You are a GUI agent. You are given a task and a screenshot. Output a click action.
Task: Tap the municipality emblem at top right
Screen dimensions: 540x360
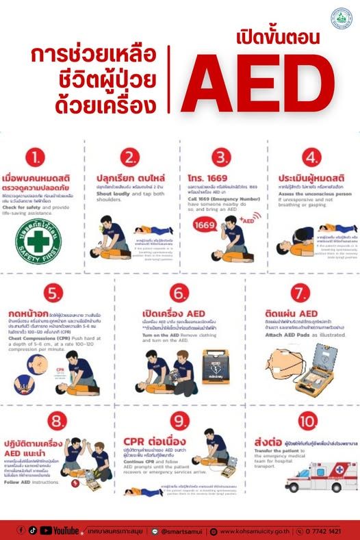pos(340,18)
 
